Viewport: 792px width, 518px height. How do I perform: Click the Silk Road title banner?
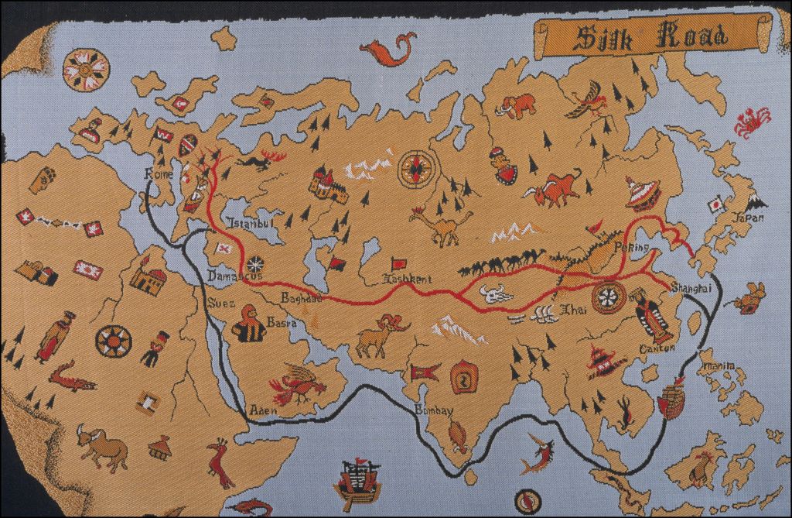[650, 36]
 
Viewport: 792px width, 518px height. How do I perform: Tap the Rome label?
[160, 176]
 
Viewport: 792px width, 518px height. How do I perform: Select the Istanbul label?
[250, 224]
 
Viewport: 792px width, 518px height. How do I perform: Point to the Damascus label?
[235, 275]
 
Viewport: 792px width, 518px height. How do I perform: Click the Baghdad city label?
[302, 298]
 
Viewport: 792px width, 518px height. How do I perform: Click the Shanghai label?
[691, 287]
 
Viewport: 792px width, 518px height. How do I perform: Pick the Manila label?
[715, 363]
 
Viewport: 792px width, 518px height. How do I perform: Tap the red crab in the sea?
[752, 122]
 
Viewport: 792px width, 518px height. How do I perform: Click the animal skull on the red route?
[493, 294]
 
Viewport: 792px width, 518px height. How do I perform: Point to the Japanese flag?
[715, 204]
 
